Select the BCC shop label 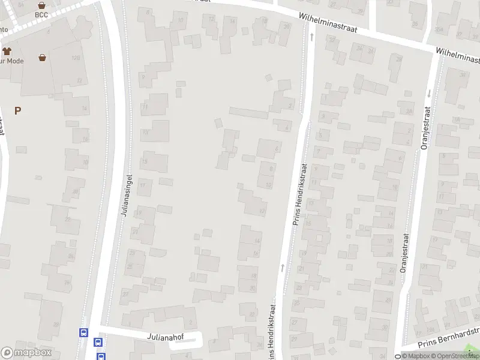41,15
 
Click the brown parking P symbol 18,110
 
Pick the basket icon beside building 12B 43,58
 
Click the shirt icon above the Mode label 7,52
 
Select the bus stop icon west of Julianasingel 83,332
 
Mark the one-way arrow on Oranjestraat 429,94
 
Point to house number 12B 76,58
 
